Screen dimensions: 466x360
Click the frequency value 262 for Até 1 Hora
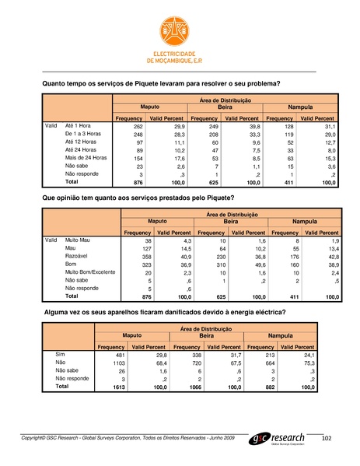click(138, 126)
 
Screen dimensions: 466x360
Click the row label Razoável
click(78, 256)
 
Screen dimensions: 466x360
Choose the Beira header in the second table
click(230, 221)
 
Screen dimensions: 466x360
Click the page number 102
click(327, 440)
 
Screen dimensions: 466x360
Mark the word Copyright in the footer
click(38, 439)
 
